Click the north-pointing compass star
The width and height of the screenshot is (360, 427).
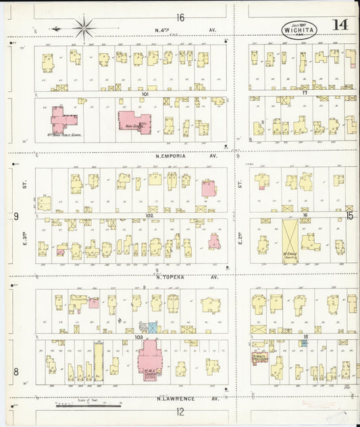click(84, 28)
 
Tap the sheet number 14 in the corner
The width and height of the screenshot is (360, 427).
click(340, 25)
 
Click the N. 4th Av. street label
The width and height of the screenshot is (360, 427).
click(185, 30)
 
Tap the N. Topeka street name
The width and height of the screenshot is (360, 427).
click(185, 277)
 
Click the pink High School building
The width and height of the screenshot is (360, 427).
click(134, 122)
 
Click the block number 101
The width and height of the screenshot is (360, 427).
click(145, 94)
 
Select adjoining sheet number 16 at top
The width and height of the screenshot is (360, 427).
click(180, 16)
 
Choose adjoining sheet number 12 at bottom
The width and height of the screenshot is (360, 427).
click(180, 411)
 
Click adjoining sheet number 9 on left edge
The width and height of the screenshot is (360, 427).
click(16, 216)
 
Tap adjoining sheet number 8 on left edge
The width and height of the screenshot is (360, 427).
click(16, 371)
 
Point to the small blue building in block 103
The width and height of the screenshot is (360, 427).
click(153, 326)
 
